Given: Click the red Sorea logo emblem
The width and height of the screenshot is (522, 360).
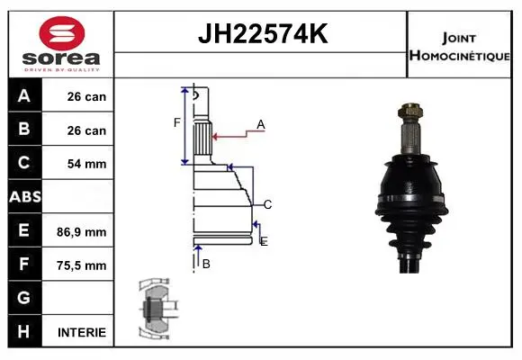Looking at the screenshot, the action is click(x=62, y=33).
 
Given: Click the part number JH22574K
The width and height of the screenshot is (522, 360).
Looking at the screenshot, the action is click(x=263, y=33).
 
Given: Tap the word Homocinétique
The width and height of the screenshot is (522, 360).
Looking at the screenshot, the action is click(x=459, y=56).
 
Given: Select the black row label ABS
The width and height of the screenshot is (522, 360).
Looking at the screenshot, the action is click(x=25, y=196).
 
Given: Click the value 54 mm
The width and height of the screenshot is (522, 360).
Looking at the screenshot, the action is click(x=86, y=164).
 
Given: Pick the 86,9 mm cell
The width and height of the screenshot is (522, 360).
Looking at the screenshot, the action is click(x=82, y=232).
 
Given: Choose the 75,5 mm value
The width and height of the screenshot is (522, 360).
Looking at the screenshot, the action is click(x=82, y=265).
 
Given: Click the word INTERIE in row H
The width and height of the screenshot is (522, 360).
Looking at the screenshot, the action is click(x=82, y=332).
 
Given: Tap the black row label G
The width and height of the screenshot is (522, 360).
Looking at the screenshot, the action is click(x=23, y=297).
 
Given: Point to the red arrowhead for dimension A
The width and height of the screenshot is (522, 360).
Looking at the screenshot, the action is click(x=215, y=137).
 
